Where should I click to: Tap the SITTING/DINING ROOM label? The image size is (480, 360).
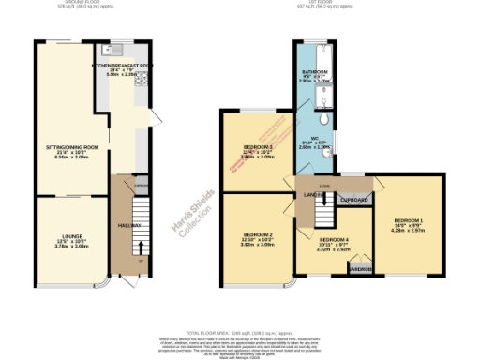coord(72,148)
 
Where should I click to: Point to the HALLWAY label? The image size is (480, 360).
coord(129,225)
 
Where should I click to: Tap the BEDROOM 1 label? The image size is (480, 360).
coord(409,219)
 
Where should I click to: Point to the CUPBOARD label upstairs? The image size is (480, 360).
coord(352,200)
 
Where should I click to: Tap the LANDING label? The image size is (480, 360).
coord(312,195)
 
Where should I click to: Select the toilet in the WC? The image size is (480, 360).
coord(322,119)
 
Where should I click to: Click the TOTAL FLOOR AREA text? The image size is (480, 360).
coord(240,333)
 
